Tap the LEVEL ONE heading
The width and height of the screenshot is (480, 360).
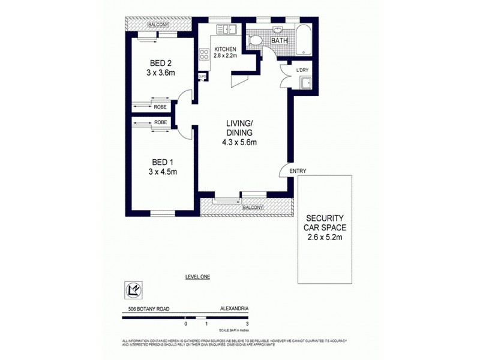(197, 277)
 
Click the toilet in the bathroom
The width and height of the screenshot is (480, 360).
(254, 41)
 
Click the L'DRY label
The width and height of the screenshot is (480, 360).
(302, 70)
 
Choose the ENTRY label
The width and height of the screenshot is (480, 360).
(298, 171)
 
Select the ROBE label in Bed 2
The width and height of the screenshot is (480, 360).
(160, 107)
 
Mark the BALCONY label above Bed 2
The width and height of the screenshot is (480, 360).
(158, 25)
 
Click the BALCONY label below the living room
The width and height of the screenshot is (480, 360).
(253, 208)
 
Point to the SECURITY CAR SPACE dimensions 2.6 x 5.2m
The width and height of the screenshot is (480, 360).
(325, 240)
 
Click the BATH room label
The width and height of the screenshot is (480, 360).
(280, 41)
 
